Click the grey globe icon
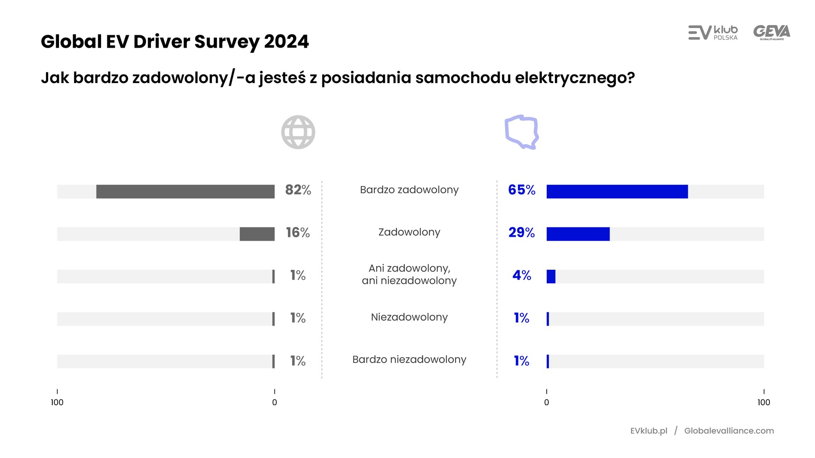[298, 132]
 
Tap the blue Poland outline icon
[522, 132]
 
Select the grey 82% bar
[185, 191]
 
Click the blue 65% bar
[617, 191]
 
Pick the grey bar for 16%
[257, 234]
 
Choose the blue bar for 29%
[578, 234]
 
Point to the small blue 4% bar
[551, 276]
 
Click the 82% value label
[298, 190]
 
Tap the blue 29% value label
[522, 232]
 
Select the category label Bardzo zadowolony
[409, 190]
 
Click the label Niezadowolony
[409, 317]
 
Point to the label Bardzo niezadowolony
[409, 359]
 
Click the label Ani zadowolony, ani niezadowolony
[409, 274]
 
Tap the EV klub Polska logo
[713, 32]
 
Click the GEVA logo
[772, 32]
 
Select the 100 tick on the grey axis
[57, 402]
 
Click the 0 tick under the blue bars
[546, 402]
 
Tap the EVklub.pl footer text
[649, 431]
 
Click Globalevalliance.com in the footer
[729, 431]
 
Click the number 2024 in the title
[286, 42]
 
